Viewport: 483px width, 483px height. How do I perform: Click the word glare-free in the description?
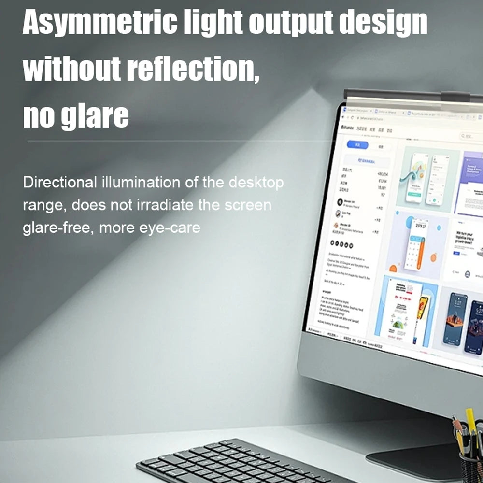click(x=57, y=227)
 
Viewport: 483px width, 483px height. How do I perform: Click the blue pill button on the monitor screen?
click(x=358, y=144)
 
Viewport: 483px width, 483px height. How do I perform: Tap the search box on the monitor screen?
click(x=470, y=137)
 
